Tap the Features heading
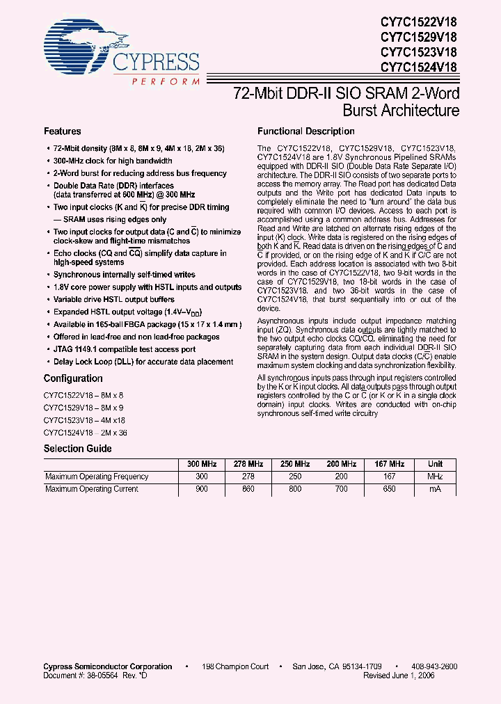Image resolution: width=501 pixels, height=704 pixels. tap(63, 131)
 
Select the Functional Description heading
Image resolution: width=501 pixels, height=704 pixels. tap(306, 131)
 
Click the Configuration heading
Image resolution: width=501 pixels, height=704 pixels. tap(73, 378)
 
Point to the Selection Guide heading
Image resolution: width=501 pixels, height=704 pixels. tap(77, 449)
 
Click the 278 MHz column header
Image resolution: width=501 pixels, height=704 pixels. tap(248, 464)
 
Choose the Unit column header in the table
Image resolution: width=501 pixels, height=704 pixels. tap(435, 464)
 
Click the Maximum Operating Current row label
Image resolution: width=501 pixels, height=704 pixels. tap(92, 489)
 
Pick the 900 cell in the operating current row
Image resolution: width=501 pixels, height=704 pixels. tap(201, 489)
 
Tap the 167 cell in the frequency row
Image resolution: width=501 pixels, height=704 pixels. tap(389, 477)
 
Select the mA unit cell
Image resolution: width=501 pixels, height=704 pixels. tap(435, 489)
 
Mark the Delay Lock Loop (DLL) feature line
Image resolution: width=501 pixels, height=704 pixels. tap(143, 362)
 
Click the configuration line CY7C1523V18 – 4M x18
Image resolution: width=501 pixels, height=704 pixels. tap(85, 420)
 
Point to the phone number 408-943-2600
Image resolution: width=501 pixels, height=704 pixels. tap(434, 666)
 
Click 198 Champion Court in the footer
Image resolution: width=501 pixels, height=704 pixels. tap(235, 666)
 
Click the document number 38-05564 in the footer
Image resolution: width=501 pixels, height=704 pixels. tap(110, 675)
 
